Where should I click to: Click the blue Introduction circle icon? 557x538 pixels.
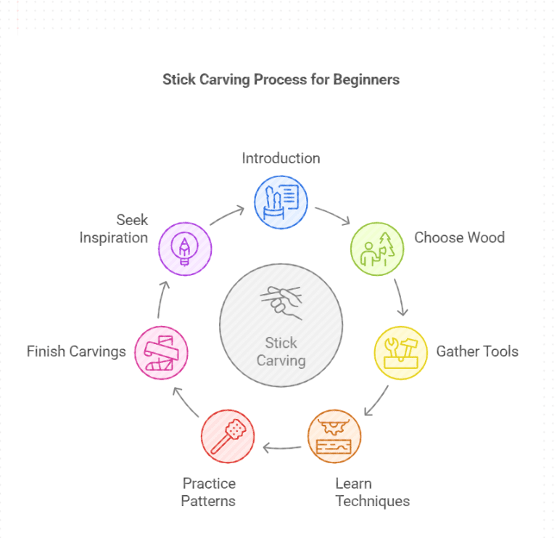point(281,201)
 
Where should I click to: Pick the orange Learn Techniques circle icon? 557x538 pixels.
point(334,437)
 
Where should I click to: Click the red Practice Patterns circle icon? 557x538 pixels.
point(228,436)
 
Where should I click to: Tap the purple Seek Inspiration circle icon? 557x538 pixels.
point(185,248)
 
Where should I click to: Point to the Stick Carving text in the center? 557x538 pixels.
point(281,351)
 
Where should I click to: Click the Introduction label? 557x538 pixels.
point(281,158)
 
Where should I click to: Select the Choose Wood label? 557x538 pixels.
point(459,237)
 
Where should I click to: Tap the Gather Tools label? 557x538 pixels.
point(477,351)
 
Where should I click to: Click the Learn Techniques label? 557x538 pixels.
point(372,492)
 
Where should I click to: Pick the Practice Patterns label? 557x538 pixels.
point(209,492)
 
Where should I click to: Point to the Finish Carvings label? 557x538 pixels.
point(76,351)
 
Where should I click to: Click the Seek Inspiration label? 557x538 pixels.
point(113,229)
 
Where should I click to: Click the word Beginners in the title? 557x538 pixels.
point(366,79)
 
